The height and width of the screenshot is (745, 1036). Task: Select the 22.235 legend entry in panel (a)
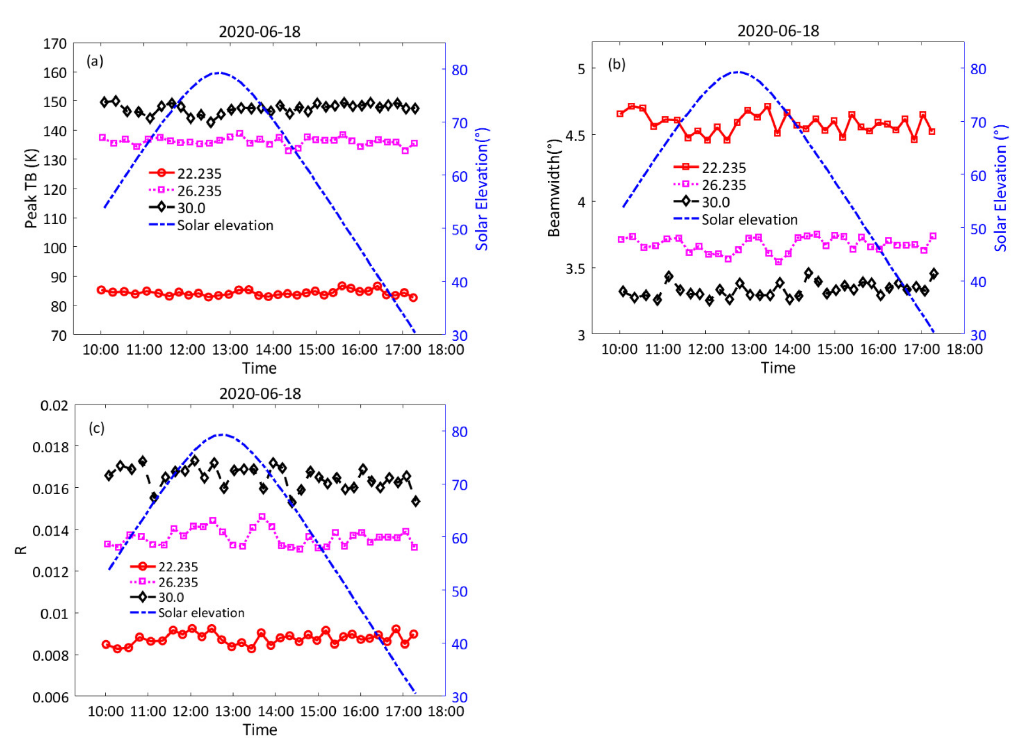click(x=199, y=174)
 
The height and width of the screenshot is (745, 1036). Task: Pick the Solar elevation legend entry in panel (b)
click(x=749, y=220)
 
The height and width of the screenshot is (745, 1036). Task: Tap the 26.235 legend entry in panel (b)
click(x=724, y=185)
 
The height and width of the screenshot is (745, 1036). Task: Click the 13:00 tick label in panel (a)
click(x=231, y=350)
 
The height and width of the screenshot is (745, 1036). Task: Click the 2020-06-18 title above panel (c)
click(x=260, y=394)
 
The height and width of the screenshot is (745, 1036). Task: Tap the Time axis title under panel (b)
click(x=778, y=368)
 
